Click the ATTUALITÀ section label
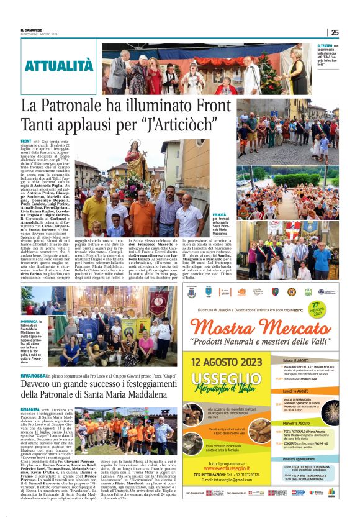click(x=60, y=65)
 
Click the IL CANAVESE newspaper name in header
click(x=30, y=30)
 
